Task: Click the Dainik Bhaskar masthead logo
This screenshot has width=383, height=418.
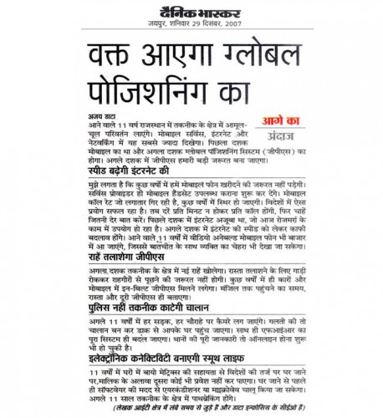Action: coord(191,11)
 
